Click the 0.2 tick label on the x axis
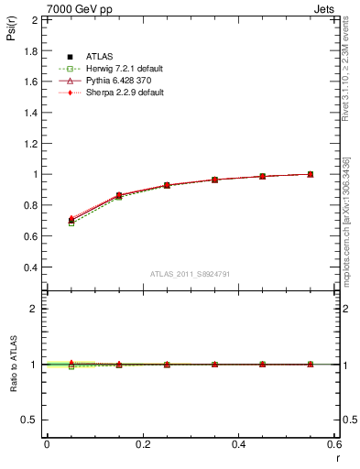click(142, 444)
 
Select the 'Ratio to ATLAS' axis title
click(12, 364)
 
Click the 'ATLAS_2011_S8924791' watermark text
click(191, 274)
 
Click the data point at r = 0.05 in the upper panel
click(71, 220)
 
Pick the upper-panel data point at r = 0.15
click(118, 195)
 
